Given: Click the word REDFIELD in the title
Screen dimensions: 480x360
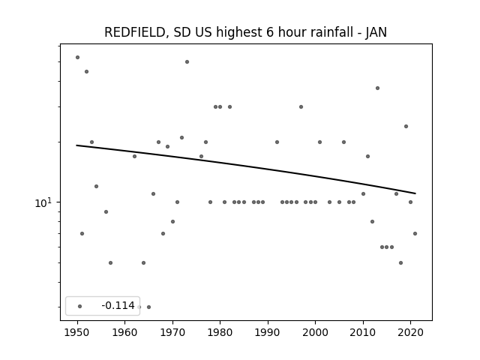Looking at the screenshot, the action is pyautogui.click(x=136, y=32).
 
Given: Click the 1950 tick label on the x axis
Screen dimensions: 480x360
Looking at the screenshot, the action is pyautogui.click(x=77, y=332).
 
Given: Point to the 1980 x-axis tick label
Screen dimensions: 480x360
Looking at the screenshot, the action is pyautogui.click(x=220, y=332).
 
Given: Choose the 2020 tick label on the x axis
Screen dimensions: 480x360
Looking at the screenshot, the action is pyautogui.click(x=410, y=332).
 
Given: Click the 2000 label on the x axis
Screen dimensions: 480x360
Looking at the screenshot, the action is pyautogui.click(x=315, y=332).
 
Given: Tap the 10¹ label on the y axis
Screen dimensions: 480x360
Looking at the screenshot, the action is pyautogui.click(x=43, y=202).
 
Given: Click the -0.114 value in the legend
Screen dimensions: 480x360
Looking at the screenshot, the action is pyautogui.click(x=118, y=305).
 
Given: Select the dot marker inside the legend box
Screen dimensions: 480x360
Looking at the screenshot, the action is pyautogui.click(x=80, y=306).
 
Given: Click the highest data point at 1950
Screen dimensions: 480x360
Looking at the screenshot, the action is pyautogui.click(x=77, y=57).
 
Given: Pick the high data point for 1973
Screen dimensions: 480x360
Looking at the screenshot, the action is pyautogui.click(x=187, y=61).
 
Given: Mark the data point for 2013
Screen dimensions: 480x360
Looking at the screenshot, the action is pyautogui.click(x=377, y=88).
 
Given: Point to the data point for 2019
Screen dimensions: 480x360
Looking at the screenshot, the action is pyautogui.click(x=406, y=127).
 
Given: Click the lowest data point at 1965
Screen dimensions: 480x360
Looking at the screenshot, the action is pyautogui.click(x=148, y=307).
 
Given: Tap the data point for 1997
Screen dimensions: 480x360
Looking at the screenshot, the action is pyautogui.click(x=301, y=106).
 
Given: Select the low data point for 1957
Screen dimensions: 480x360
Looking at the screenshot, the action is pyautogui.click(x=110, y=263).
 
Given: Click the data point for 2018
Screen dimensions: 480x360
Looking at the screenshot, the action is pyautogui.click(x=400, y=263).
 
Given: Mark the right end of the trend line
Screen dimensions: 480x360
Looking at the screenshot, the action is pyautogui.click(x=415, y=193).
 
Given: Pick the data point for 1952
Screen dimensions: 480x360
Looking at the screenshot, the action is pyautogui.click(x=87, y=72).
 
